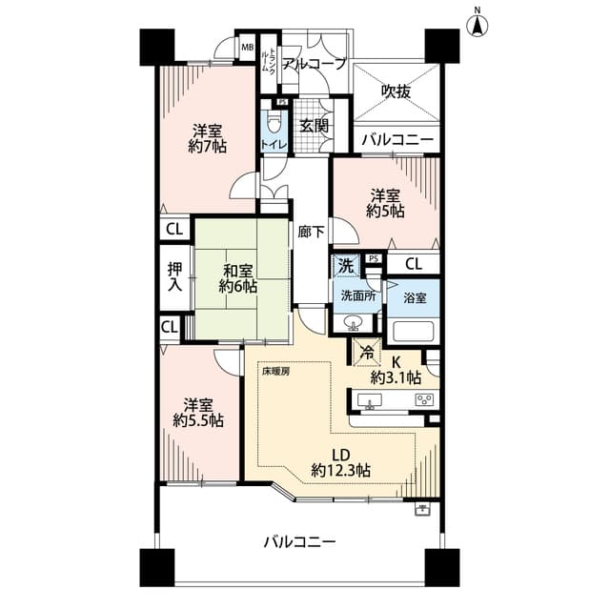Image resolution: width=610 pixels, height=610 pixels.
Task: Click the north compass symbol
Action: [x=478, y=25]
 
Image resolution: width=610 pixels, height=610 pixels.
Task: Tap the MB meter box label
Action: [x=248, y=48]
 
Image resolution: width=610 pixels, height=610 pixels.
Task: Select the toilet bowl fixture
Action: [x=274, y=123]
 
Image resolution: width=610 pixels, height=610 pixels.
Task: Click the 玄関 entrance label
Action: [x=314, y=126]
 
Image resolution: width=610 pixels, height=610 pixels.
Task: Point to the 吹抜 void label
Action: [x=396, y=91]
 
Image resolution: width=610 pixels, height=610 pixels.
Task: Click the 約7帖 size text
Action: [x=207, y=147]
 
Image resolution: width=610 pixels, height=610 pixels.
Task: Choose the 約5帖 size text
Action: [x=385, y=211]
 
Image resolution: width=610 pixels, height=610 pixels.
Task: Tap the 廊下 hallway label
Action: [x=312, y=233]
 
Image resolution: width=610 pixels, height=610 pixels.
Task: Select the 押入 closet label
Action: [x=174, y=276]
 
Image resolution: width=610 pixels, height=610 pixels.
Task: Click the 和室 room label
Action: [x=237, y=271]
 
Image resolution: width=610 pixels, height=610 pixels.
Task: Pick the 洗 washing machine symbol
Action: [x=345, y=266]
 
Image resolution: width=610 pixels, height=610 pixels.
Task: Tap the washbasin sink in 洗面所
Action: [x=354, y=323]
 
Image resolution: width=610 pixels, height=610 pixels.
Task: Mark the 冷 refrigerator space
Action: [x=366, y=353]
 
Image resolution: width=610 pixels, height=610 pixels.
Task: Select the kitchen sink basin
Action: [x=370, y=400]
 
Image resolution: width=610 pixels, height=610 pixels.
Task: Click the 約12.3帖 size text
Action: [x=341, y=471]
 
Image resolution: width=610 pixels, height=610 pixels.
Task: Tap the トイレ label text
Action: [x=274, y=145]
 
